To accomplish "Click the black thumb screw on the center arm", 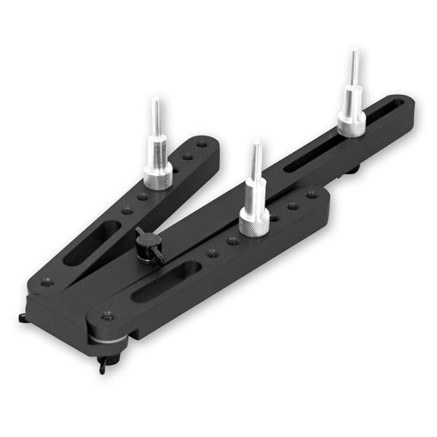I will tap(148, 239).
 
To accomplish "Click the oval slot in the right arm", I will tap(166, 281).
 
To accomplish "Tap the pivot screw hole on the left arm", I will tap(47, 283).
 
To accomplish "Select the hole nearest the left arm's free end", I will tap(201, 144).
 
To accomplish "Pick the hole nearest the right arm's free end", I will tap(312, 195).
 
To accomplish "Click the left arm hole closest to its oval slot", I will tap(128, 211).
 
